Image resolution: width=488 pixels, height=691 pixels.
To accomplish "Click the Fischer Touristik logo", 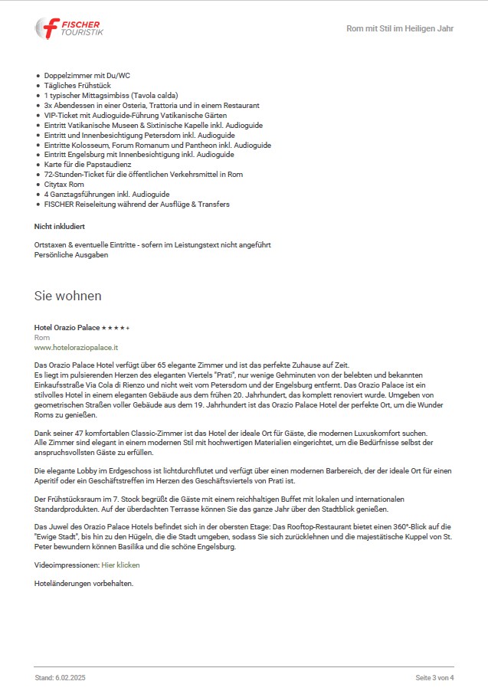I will (x=69, y=28).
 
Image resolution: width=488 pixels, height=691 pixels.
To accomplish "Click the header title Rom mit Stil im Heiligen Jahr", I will (x=400, y=29).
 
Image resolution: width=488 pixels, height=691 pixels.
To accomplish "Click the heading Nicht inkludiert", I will (x=59, y=227).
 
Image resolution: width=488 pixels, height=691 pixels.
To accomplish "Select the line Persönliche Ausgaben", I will (x=71, y=255).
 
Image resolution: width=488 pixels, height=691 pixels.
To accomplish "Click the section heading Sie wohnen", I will (x=67, y=296).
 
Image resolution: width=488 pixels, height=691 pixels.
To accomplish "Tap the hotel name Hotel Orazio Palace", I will (x=67, y=328).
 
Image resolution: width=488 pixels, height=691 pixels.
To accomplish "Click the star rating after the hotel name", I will (x=116, y=328).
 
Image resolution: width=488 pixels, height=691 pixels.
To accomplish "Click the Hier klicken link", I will (x=120, y=565).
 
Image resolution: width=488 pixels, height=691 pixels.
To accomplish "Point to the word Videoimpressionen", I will (x=67, y=565).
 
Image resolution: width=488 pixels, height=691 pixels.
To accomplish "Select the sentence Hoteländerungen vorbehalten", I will (x=84, y=583).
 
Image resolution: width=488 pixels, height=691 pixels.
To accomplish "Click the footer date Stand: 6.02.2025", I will (x=60, y=678).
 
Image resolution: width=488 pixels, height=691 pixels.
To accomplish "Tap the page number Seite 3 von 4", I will (x=434, y=678).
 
